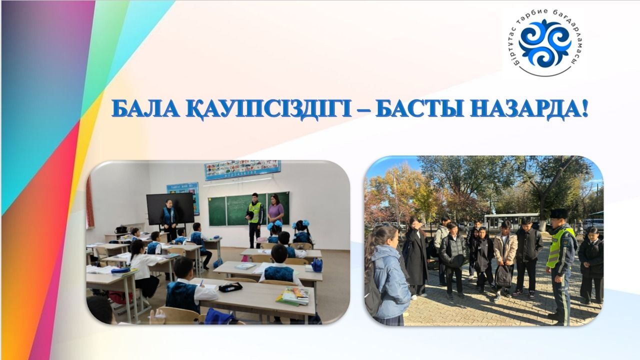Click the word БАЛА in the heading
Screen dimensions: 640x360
click(145, 109)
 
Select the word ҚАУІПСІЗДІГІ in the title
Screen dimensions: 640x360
click(268, 109)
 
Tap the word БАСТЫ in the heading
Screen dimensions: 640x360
click(419, 109)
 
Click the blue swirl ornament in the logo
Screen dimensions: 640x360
click(545, 43)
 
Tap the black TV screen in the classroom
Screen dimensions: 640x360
click(170, 208)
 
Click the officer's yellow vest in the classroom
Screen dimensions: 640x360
click(255, 212)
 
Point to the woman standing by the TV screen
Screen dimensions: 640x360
click(169, 220)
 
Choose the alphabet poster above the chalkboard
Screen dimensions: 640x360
click(242, 169)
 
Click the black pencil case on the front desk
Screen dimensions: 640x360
click(230, 287)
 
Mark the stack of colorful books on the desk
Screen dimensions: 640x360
click(293, 296)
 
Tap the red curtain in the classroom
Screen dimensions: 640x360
click(90, 201)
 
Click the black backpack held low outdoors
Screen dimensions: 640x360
click(503, 276)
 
